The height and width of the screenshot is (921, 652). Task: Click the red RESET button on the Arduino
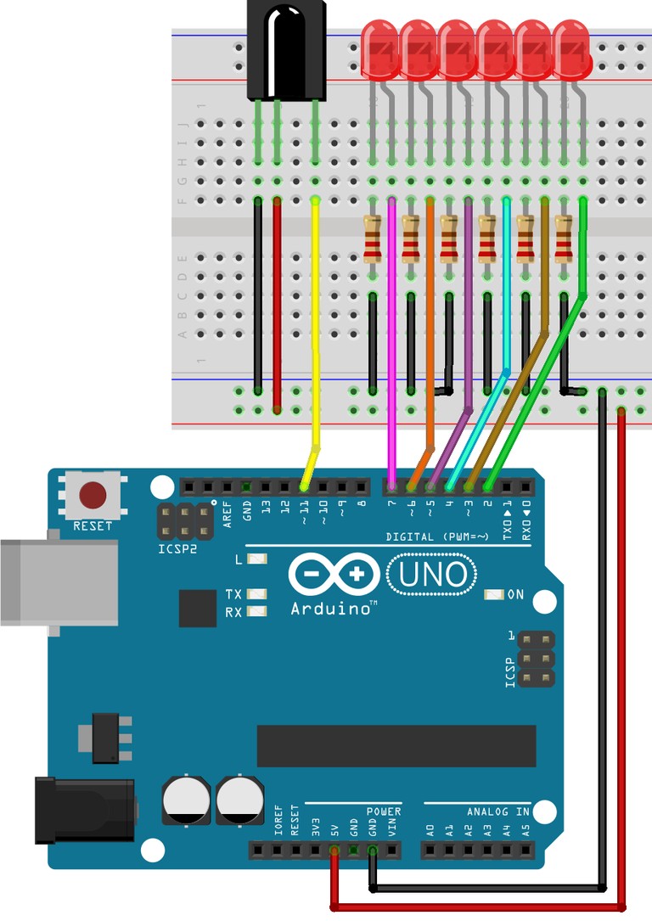[92, 495]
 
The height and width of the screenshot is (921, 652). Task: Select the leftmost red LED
[379, 53]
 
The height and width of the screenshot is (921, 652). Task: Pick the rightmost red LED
[571, 53]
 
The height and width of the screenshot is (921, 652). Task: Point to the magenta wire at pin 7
[391, 340]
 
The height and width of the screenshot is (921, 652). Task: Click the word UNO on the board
[431, 576]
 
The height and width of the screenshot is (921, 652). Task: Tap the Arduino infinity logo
[333, 575]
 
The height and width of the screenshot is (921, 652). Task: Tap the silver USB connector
[56, 582]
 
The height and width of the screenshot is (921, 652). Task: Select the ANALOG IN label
[497, 812]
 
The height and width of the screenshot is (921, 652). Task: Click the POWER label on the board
[384, 812]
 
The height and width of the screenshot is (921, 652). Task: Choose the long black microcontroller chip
[396, 745]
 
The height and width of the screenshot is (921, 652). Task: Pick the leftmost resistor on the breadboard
[372, 239]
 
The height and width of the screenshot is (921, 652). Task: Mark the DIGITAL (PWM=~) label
[441, 536]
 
